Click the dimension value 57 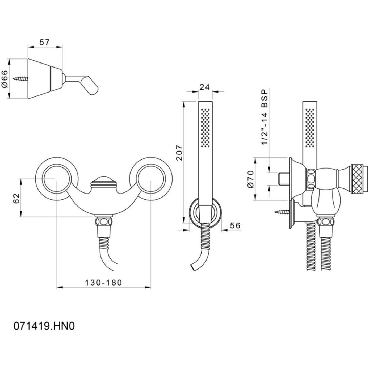pyautogui.click(x=44, y=42)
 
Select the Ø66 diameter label pyautogui.click(x=5, y=79)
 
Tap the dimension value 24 pyautogui.click(x=205, y=87)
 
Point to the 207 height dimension pyautogui.click(x=180, y=153)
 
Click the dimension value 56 pyautogui.click(x=235, y=225)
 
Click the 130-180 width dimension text pyautogui.click(x=104, y=282)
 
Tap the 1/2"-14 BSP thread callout pyautogui.click(x=264, y=117)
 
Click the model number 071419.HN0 pyautogui.click(x=44, y=326)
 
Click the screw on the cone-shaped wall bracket pyautogui.click(x=21, y=79)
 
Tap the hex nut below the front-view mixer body pyautogui.click(x=104, y=222)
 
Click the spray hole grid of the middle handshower pyautogui.click(x=205, y=128)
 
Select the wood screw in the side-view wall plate pyautogui.click(x=282, y=212)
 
